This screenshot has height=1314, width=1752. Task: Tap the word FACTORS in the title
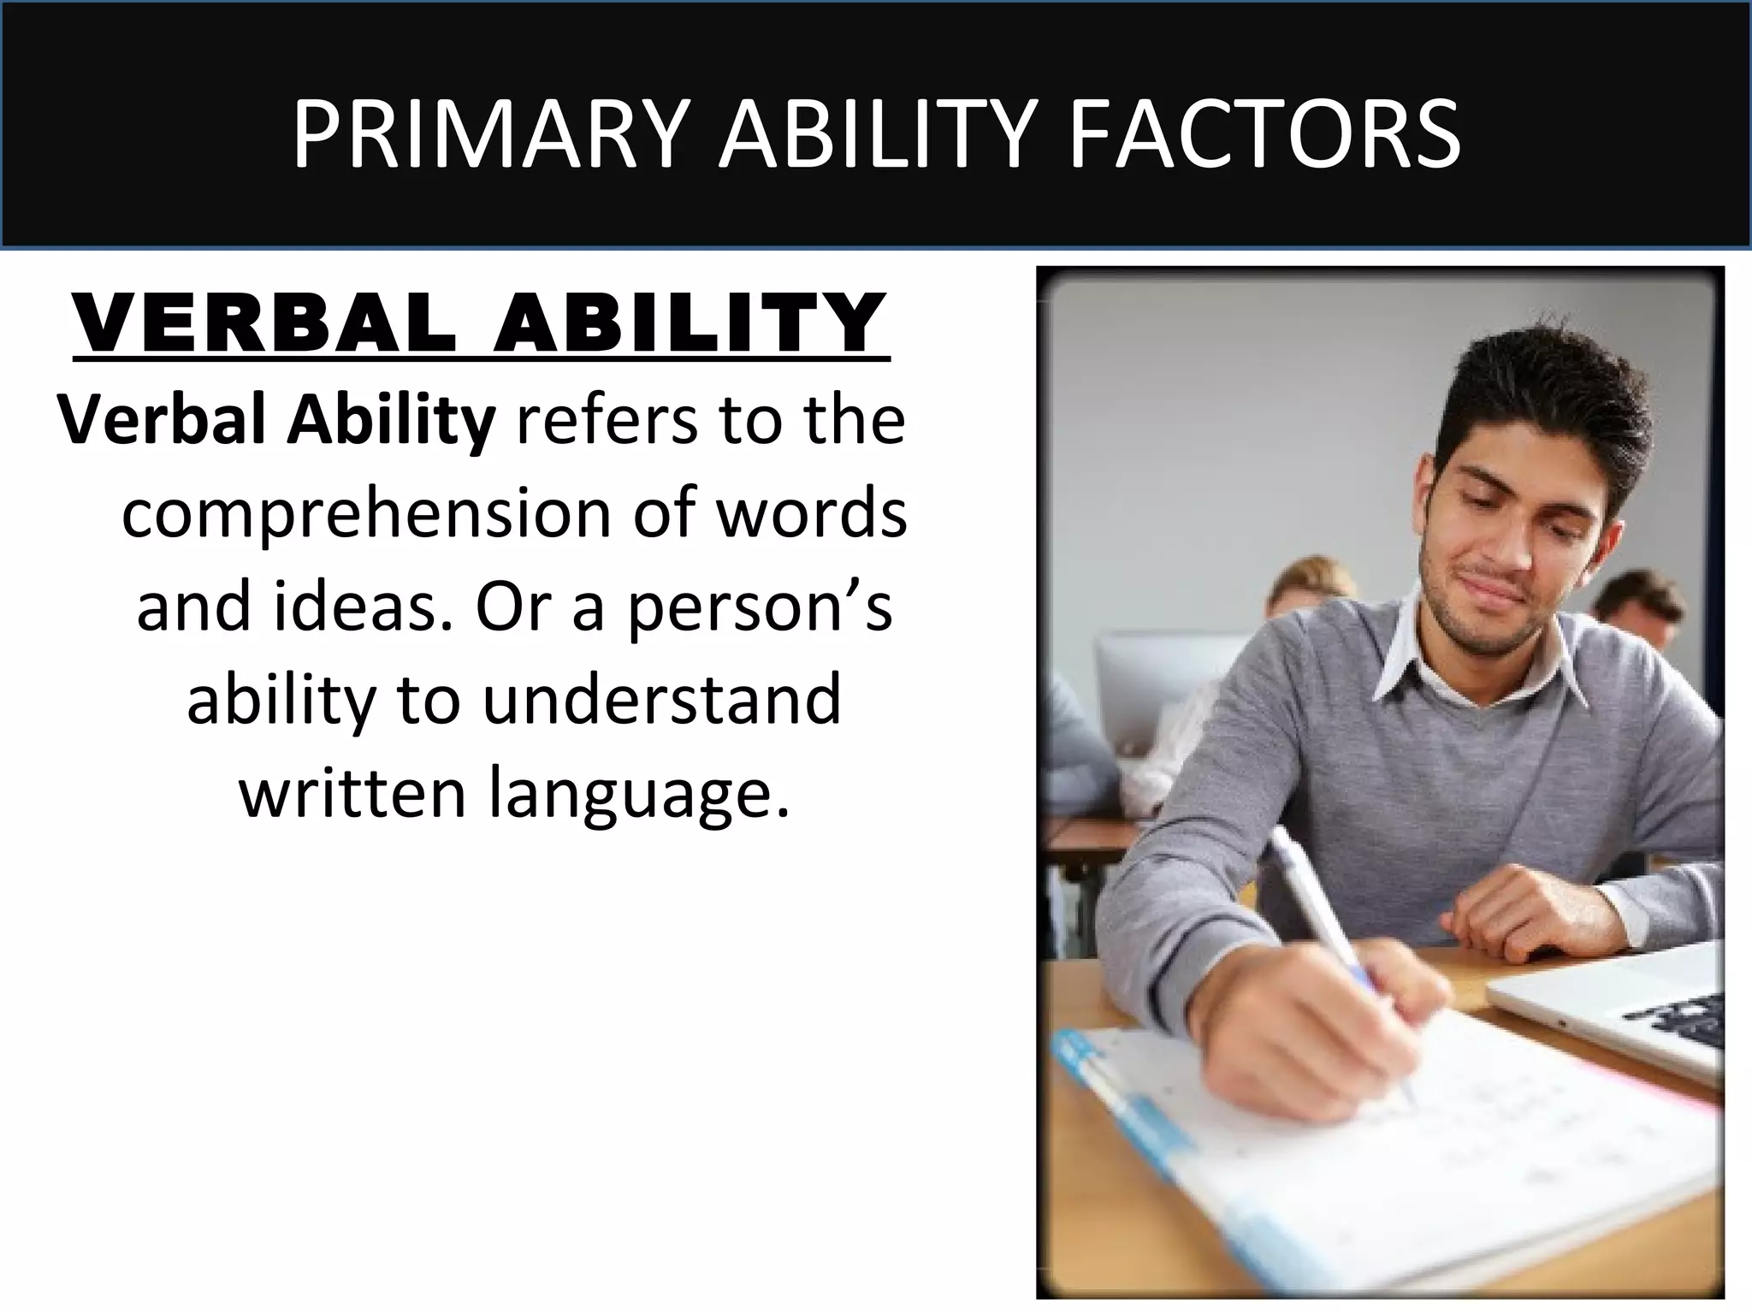click(x=1264, y=135)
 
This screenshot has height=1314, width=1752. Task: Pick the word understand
click(x=661, y=700)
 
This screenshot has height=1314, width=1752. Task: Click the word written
click(x=353, y=792)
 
